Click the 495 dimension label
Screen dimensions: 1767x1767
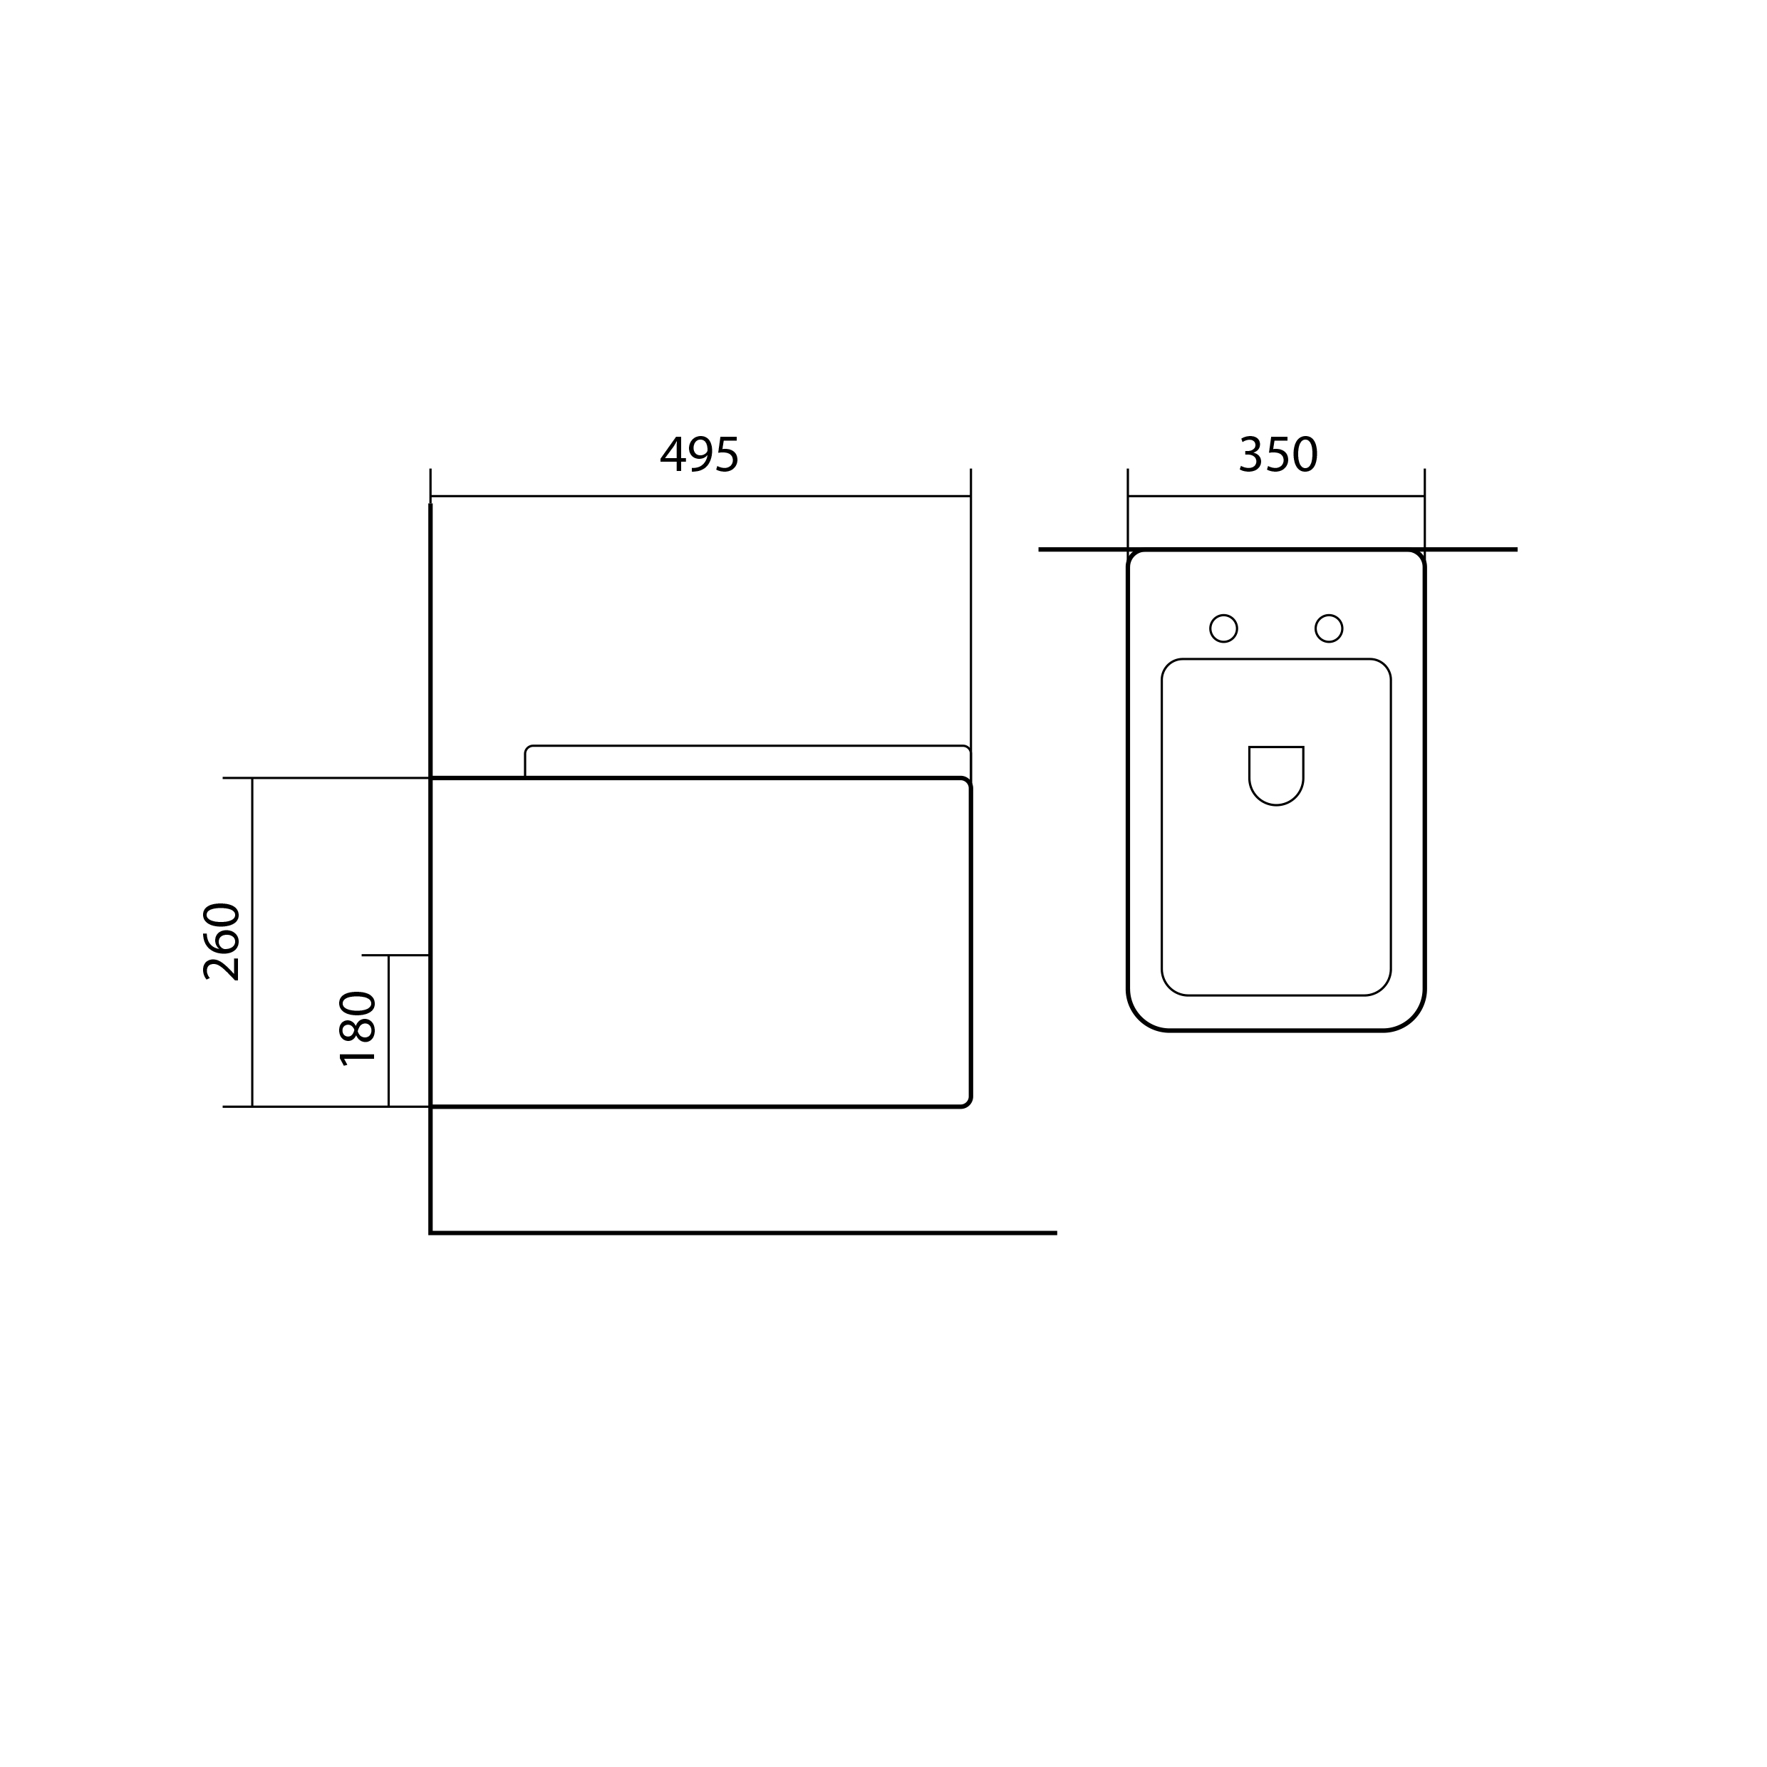[x=699, y=455]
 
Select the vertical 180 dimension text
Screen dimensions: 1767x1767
[x=358, y=1029]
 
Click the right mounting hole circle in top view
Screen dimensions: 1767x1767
[x=1328, y=628]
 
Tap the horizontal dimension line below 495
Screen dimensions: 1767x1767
[x=700, y=497]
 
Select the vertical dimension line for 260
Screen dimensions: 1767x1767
[x=252, y=942]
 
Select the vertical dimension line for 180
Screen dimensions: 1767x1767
[x=389, y=1031]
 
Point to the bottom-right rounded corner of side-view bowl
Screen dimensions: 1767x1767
[x=967, y=1103]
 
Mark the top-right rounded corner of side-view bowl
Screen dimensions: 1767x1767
[x=967, y=782]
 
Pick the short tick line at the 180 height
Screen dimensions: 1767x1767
[x=395, y=955]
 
